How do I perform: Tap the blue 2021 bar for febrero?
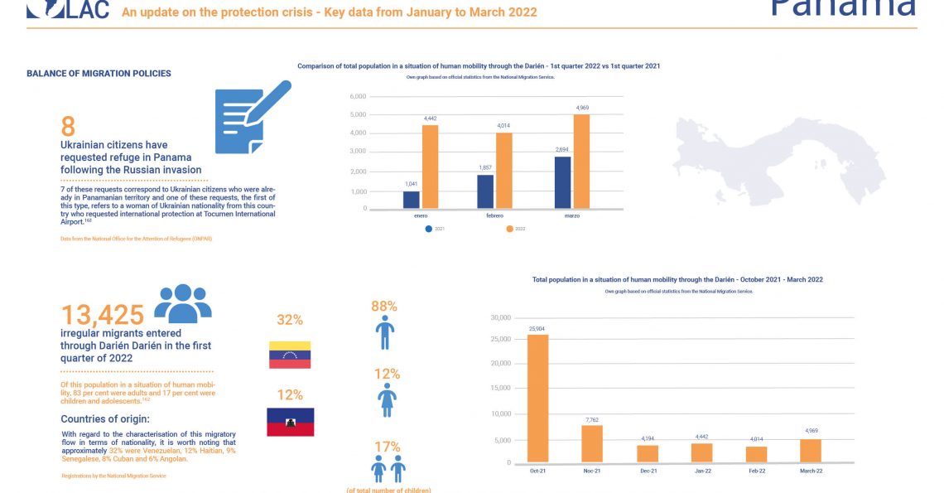pos(486,191)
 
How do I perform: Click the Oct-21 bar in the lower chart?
pos(537,397)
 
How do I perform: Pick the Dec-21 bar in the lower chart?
pos(648,452)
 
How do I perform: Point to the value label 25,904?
pos(537,329)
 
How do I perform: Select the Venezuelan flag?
pos(290,355)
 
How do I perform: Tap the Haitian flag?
pos(290,422)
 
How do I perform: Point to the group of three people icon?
pos(183,303)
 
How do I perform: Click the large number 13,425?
pos(103,315)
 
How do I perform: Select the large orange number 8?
pos(68,127)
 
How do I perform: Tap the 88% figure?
pos(385,307)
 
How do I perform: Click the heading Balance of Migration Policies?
pos(99,74)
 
